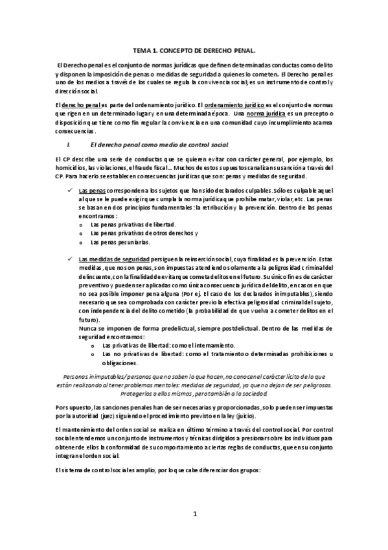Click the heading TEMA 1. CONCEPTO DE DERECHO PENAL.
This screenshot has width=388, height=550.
pyautogui.click(x=194, y=49)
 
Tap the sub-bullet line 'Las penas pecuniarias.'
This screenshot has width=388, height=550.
pyautogui.click(x=120, y=242)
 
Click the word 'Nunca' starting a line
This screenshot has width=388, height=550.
pyautogui.click(x=87, y=328)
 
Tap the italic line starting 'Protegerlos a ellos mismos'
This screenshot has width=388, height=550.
pyautogui.click(x=194, y=393)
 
